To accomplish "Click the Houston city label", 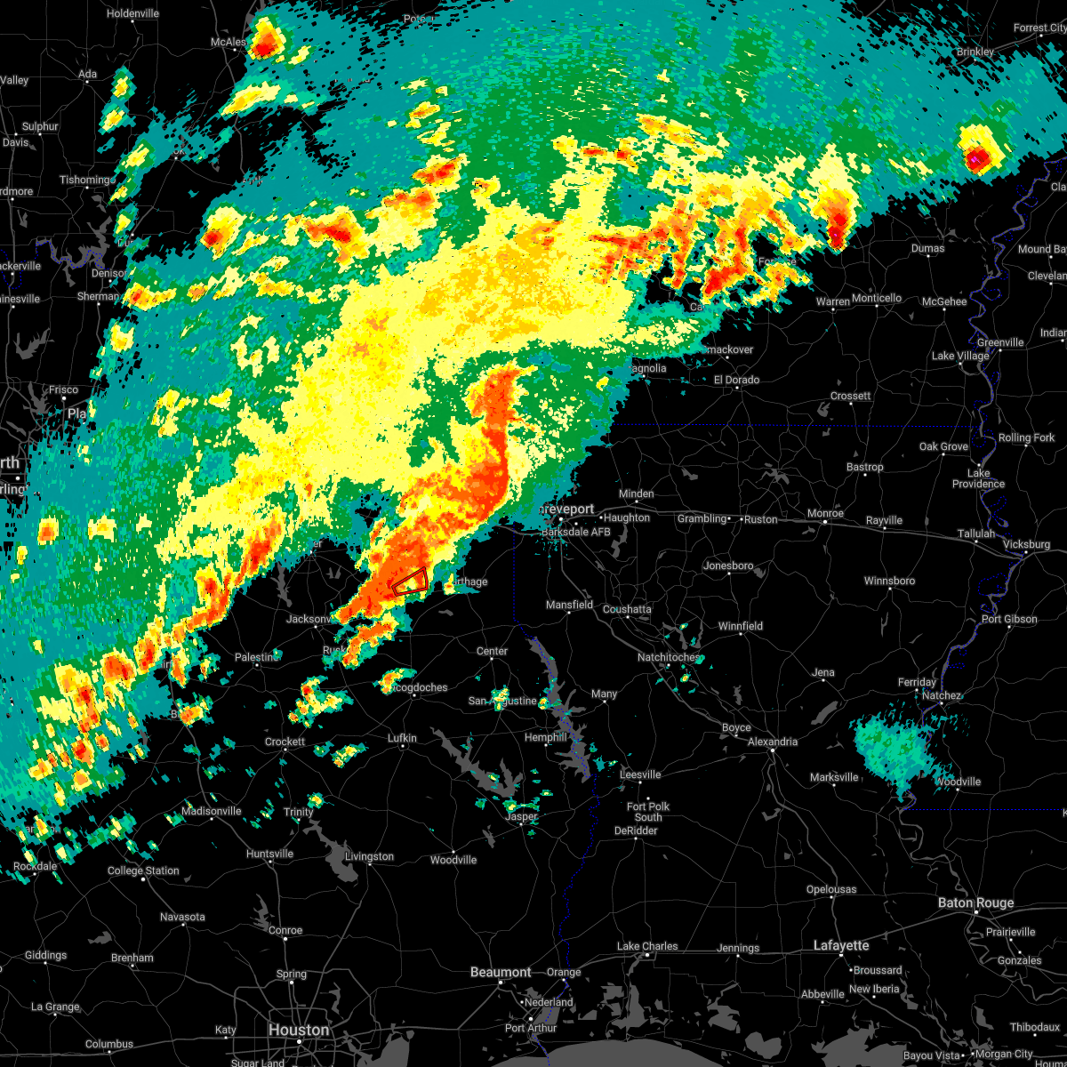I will coord(298,1030).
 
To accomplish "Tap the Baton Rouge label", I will coord(975,903).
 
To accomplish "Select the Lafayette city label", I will coord(841,945).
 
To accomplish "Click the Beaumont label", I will coord(501,972).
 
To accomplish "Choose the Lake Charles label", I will coord(648,946).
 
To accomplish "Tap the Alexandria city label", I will coord(772,742).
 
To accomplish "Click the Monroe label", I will coord(825,514).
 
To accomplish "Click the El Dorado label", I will coord(736,380).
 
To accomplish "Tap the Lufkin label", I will coord(402,738).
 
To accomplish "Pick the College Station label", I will coord(143,870).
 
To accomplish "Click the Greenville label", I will coord(1000,342).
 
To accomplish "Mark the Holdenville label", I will coord(132,13).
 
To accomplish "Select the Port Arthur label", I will coord(530,1028).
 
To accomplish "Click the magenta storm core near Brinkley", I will coord(975,158).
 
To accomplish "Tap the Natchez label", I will coord(941,695).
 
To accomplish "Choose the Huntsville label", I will coord(269,854).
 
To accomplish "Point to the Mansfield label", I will coord(569,605).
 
